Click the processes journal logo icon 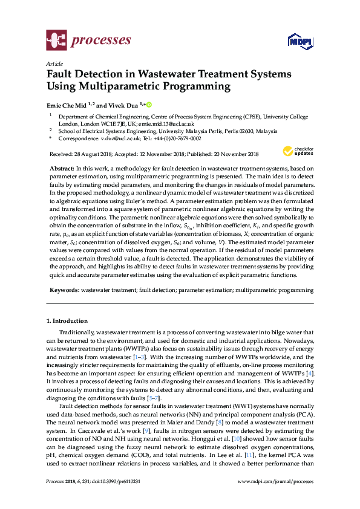pos(56,41)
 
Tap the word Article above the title pos(54,63)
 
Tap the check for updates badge pos(297,151)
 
